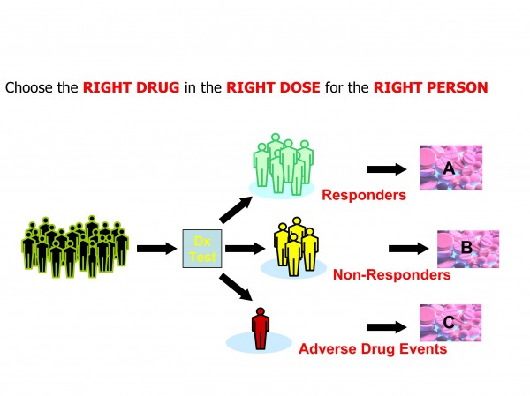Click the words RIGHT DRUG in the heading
point(123,88)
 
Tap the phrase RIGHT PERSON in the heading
point(430,88)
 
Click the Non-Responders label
point(391,275)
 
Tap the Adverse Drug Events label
point(372,348)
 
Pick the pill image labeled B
point(468,248)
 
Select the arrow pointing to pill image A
point(385,168)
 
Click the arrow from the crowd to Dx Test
point(157,248)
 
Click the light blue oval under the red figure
point(259,342)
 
